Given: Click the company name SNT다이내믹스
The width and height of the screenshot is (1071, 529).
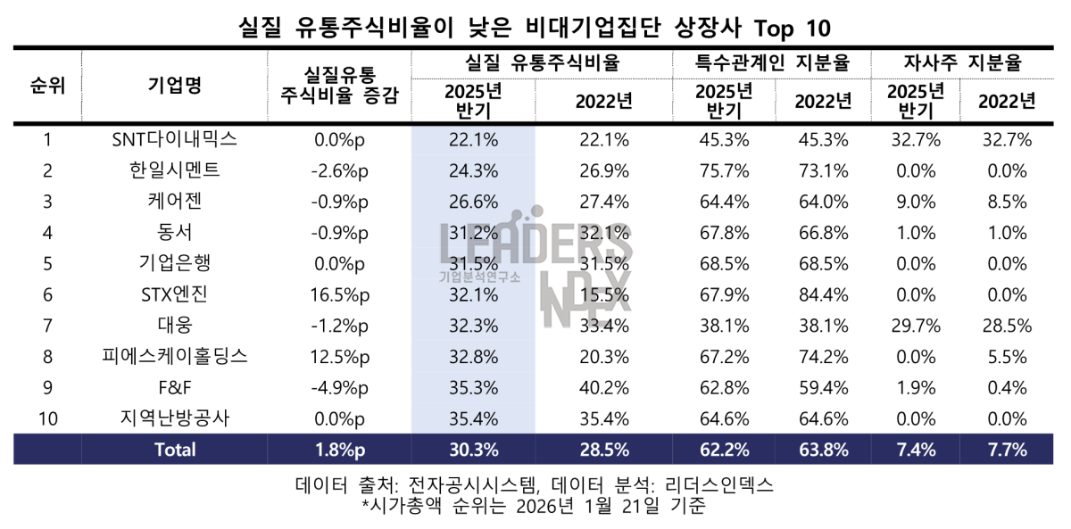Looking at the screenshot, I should pyautogui.click(x=174, y=139).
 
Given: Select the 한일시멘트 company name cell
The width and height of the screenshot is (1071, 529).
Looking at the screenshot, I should pyautogui.click(x=174, y=170).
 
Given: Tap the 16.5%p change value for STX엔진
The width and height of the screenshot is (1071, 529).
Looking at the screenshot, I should pyautogui.click(x=340, y=294).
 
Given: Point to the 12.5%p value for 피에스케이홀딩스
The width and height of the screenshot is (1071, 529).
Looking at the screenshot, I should pyautogui.click(x=340, y=357).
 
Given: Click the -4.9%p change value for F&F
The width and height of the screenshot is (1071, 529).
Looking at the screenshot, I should pyautogui.click(x=340, y=388).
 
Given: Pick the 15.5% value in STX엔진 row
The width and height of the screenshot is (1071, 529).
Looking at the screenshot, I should pyautogui.click(x=604, y=294).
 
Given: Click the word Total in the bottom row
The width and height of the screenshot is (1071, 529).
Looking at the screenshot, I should pyautogui.click(x=175, y=450).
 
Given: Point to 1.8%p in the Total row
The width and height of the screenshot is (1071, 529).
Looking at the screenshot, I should pyautogui.click(x=340, y=450).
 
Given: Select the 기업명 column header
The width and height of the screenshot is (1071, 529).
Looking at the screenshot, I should pyautogui.click(x=174, y=86).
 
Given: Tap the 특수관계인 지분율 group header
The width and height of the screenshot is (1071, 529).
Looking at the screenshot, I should pyautogui.click(x=772, y=63).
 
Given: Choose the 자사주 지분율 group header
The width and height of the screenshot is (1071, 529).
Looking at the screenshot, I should pyautogui.click(x=962, y=63).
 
